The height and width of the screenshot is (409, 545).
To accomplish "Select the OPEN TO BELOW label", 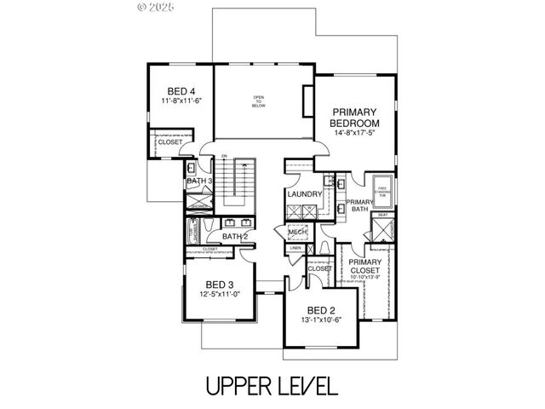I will tap(259, 101).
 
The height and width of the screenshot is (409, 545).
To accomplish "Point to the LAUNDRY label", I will tap(304, 194).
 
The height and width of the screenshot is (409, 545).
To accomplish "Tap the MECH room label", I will tap(296, 232).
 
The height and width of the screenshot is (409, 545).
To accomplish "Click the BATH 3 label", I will tap(198, 181).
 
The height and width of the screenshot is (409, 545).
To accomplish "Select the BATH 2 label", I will tap(234, 236).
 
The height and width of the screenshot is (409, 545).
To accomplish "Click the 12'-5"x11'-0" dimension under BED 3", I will tap(219, 294).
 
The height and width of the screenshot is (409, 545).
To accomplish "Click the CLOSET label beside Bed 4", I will tap(169, 142).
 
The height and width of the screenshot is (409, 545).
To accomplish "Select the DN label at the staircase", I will tap(224, 156).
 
